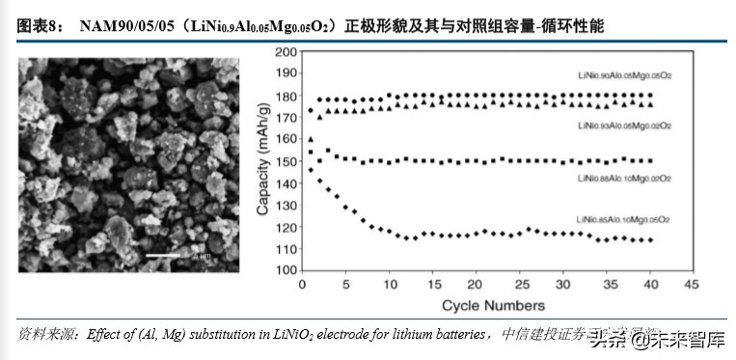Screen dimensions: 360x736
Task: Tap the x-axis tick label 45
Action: tap(691, 287)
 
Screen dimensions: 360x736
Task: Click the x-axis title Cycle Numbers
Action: tap(494, 306)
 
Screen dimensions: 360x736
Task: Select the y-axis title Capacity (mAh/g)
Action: tap(261, 160)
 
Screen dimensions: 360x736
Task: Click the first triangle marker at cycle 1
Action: tap(311, 139)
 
